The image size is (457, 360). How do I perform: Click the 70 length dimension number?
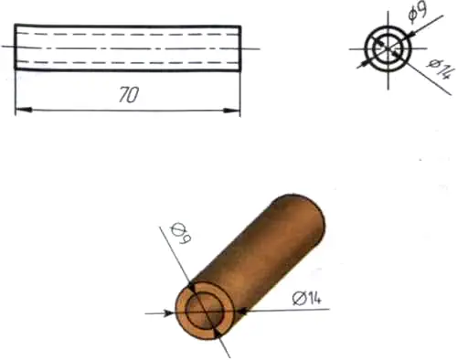click(x=129, y=95)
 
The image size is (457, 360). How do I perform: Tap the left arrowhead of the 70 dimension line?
click(x=24, y=110)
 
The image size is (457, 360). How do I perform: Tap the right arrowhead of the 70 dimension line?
click(x=232, y=111)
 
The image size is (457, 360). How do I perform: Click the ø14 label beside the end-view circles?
click(x=441, y=69)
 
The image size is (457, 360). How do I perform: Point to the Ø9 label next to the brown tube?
click(x=180, y=234)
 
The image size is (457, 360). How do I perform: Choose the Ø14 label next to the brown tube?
click(x=306, y=298)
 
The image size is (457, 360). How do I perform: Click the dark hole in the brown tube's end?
click(x=205, y=312)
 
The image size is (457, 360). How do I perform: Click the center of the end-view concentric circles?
click(x=388, y=48)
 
